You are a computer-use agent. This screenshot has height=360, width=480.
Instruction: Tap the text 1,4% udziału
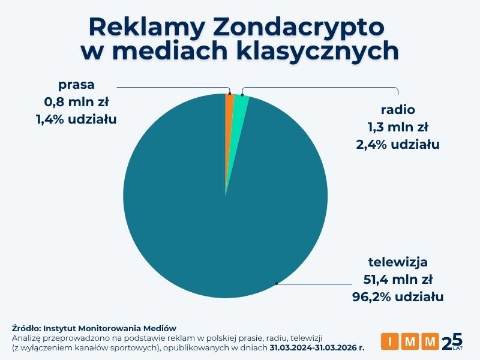coord(76,119)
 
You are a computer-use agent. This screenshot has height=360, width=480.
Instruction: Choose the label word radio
coord(398,110)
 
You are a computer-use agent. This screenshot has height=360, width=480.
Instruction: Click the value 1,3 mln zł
coord(398,127)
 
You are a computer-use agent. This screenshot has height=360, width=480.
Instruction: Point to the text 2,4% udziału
coord(398,144)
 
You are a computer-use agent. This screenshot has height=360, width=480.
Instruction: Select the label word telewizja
coord(398,262)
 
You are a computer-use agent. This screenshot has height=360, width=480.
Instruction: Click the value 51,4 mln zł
coord(398,279)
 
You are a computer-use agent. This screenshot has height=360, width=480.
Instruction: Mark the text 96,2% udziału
coord(398,296)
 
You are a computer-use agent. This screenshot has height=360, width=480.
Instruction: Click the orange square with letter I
coord(390,342)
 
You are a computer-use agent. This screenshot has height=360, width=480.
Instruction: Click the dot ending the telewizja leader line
coord(276,283)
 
